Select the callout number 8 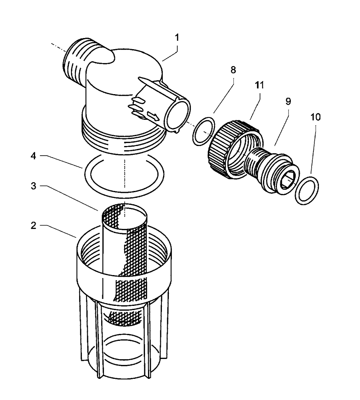pos(233,71)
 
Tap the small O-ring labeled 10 pos(307,191)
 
